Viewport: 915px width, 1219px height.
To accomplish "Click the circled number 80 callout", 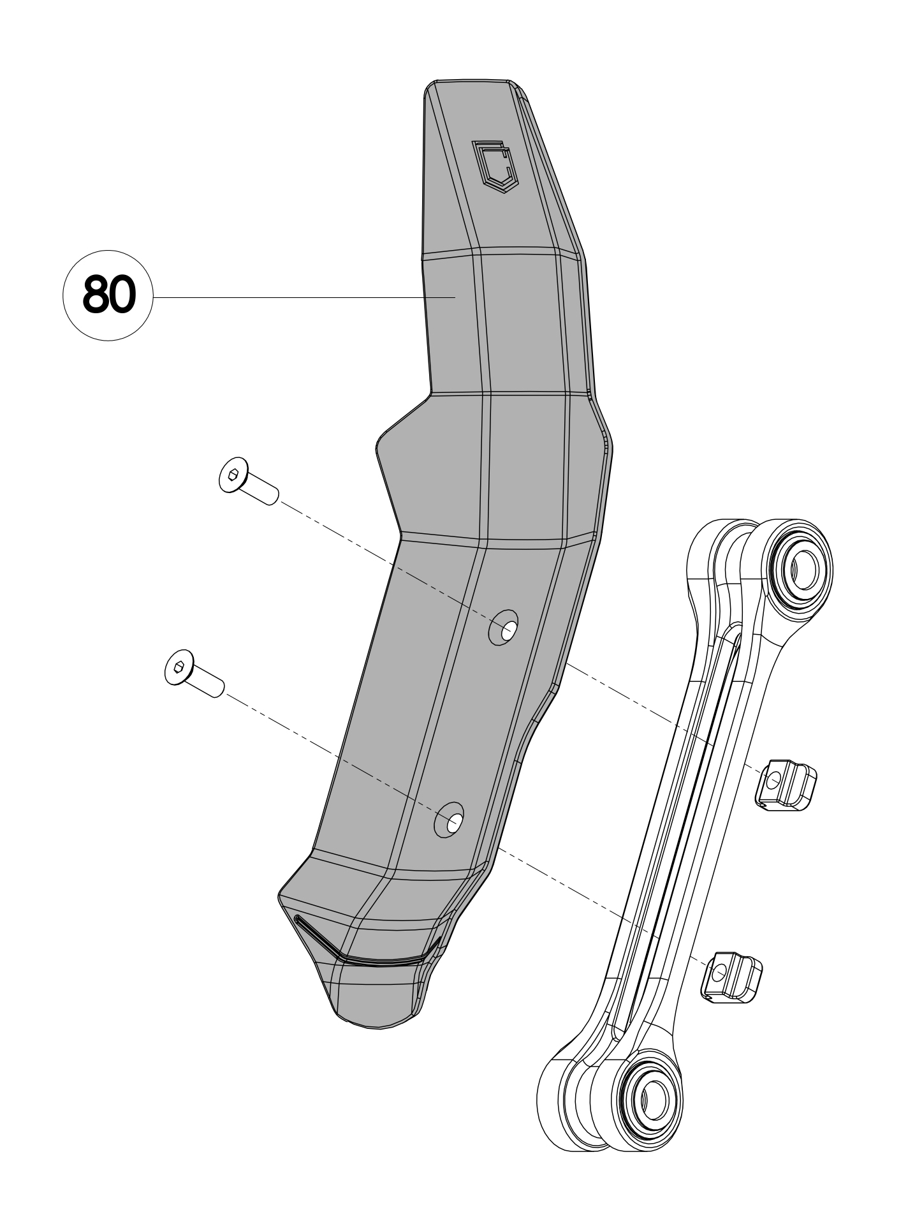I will pyautogui.click(x=108, y=295).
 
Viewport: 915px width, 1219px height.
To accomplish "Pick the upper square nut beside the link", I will pyautogui.click(x=786, y=785).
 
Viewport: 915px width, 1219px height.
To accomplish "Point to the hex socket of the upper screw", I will pyautogui.click(x=233, y=474).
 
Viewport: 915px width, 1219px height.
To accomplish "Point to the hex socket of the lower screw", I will pyautogui.click(x=179, y=667).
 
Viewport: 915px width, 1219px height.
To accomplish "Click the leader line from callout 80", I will pyautogui.click(x=287, y=297).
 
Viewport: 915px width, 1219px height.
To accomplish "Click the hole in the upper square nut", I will pyautogui.click(x=773, y=779).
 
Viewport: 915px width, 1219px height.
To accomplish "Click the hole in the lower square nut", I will pyautogui.click(x=719, y=972).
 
